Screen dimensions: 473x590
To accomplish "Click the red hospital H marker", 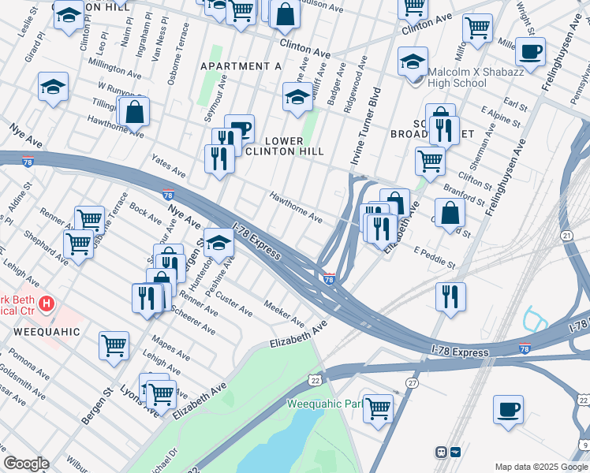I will [x=47, y=303].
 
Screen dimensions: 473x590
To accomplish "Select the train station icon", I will [x=442, y=453].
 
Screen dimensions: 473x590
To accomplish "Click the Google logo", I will [x=26, y=464].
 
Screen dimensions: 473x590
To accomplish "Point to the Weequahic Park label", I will [x=323, y=404].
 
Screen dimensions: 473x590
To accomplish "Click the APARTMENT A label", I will [x=241, y=66].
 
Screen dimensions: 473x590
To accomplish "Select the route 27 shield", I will [x=412, y=382].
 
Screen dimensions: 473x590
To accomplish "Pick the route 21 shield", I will [x=566, y=236].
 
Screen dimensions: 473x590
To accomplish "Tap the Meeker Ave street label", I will [x=285, y=313].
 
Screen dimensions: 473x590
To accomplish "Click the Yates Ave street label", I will [x=169, y=166].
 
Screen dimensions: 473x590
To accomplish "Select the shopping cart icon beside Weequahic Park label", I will [x=378, y=408].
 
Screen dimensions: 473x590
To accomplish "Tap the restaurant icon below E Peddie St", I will [x=450, y=297].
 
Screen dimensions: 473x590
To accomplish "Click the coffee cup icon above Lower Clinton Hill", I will [x=239, y=128].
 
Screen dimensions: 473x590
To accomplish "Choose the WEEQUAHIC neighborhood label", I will [x=47, y=332].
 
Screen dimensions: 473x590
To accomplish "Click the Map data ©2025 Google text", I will [x=541, y=466].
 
